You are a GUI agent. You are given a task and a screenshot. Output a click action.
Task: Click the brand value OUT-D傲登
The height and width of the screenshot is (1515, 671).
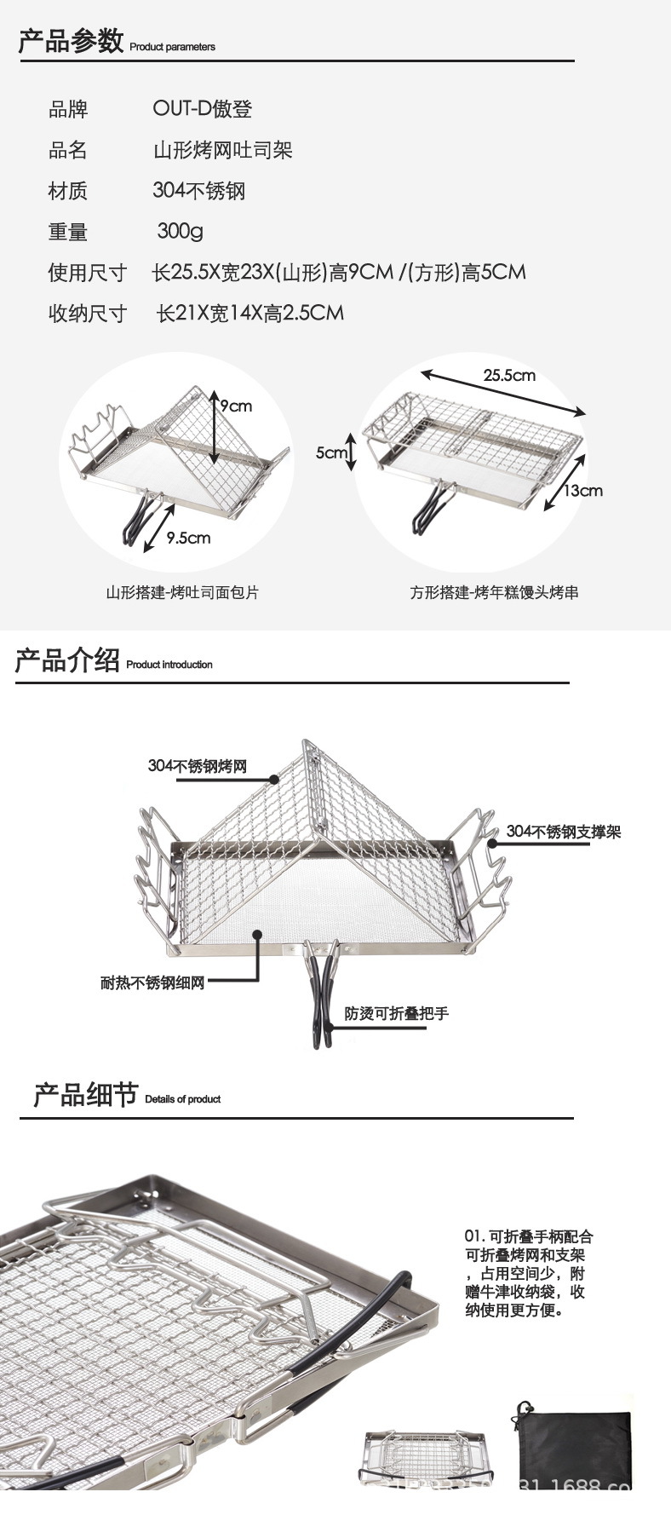[203, 109]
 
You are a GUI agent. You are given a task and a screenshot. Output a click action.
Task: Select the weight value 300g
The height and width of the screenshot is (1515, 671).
[181, 231]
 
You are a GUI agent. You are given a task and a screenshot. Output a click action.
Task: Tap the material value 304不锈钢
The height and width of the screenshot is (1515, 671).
[199, 190]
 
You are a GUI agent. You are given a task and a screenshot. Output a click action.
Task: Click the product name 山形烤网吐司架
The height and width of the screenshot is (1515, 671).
[223, 150]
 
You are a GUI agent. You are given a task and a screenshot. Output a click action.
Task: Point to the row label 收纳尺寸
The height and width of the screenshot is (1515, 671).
[87, 314]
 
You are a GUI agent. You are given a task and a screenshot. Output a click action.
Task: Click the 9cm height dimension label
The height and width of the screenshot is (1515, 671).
[237, 406]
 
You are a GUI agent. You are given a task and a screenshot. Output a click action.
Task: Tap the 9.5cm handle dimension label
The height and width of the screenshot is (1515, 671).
[188, 538]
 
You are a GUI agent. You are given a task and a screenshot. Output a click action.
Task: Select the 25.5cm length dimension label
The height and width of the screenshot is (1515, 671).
[509, 375]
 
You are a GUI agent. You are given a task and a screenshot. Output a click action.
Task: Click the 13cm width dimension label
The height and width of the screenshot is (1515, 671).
[585, 490]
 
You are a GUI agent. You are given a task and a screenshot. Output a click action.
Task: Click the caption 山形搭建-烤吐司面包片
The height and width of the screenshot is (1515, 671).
[182, 591]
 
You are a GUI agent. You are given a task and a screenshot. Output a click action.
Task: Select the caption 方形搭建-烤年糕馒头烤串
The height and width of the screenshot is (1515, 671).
[494, 591]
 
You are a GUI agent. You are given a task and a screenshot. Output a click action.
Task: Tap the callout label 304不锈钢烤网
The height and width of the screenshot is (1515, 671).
[197, 766]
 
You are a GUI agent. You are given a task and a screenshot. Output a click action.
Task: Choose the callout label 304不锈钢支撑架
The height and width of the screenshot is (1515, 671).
[564, 831]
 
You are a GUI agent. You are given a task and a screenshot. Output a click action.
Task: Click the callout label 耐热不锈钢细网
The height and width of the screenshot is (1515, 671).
[152, 983]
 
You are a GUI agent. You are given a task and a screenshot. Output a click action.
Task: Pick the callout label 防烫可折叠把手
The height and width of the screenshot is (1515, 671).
[396, 1013]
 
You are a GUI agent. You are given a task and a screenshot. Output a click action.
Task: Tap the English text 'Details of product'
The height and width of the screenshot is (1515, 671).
[182, 1099]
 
